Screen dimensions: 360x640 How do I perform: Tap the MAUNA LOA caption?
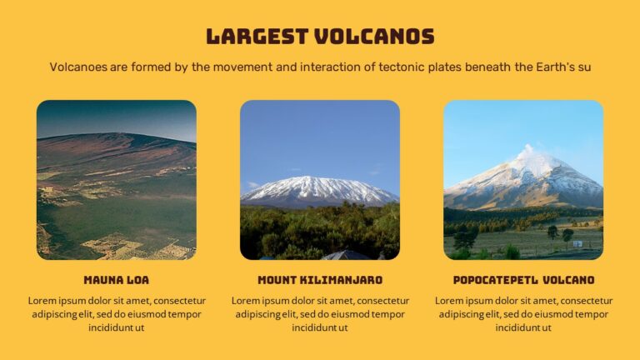click(116, 280)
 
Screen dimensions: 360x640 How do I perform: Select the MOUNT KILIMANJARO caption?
click(320, 280)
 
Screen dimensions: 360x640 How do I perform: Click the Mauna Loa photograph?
click(117, 180)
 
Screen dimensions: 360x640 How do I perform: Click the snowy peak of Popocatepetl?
click(528, 158)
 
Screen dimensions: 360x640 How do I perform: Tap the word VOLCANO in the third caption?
click(568, 280)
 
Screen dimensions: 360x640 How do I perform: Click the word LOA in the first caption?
click(137, 280)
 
